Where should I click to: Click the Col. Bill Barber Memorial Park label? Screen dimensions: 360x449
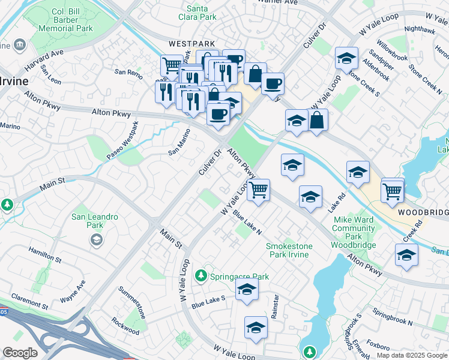pyautogui.click(x=66, y=20)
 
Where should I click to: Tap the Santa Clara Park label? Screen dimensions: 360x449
pyautogui.click(x=201, y=13)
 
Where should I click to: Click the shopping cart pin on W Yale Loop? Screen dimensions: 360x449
pyautogui.click(x=258, y=190)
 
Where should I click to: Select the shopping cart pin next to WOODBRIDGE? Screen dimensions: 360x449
pyautogui.click(x=392, y=190)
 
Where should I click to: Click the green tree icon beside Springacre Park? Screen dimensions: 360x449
pyautogui.click(x=204, y=277)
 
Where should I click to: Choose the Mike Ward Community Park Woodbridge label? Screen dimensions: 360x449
pyautogui.click(x=354, y=232)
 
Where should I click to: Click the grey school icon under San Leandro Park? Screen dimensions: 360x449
pyautogui.click(x=95, y=240)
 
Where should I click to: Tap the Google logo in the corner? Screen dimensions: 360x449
pyautogui.click(x=20, y=352)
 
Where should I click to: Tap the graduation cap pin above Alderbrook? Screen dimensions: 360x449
pyautogui.click(x=346, y=58)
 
